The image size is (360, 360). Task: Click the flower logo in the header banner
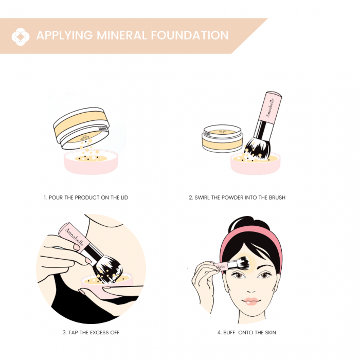click(x=21, y=37)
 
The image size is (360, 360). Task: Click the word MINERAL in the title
click(x=122, y=35)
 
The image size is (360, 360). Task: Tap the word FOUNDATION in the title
click(x=190, y=35)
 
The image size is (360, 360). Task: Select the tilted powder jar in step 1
click(x=81, y=128)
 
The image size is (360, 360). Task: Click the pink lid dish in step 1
click(x=91, y=162)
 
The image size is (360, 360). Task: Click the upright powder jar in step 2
click(x=222, y=138)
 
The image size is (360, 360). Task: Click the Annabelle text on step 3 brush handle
click(x=74, y=237)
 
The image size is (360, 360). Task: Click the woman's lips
click(x=251, y=301)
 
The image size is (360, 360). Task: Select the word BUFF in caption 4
click(x=229, y=332)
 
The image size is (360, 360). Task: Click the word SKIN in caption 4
click(x=271, y=332)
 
